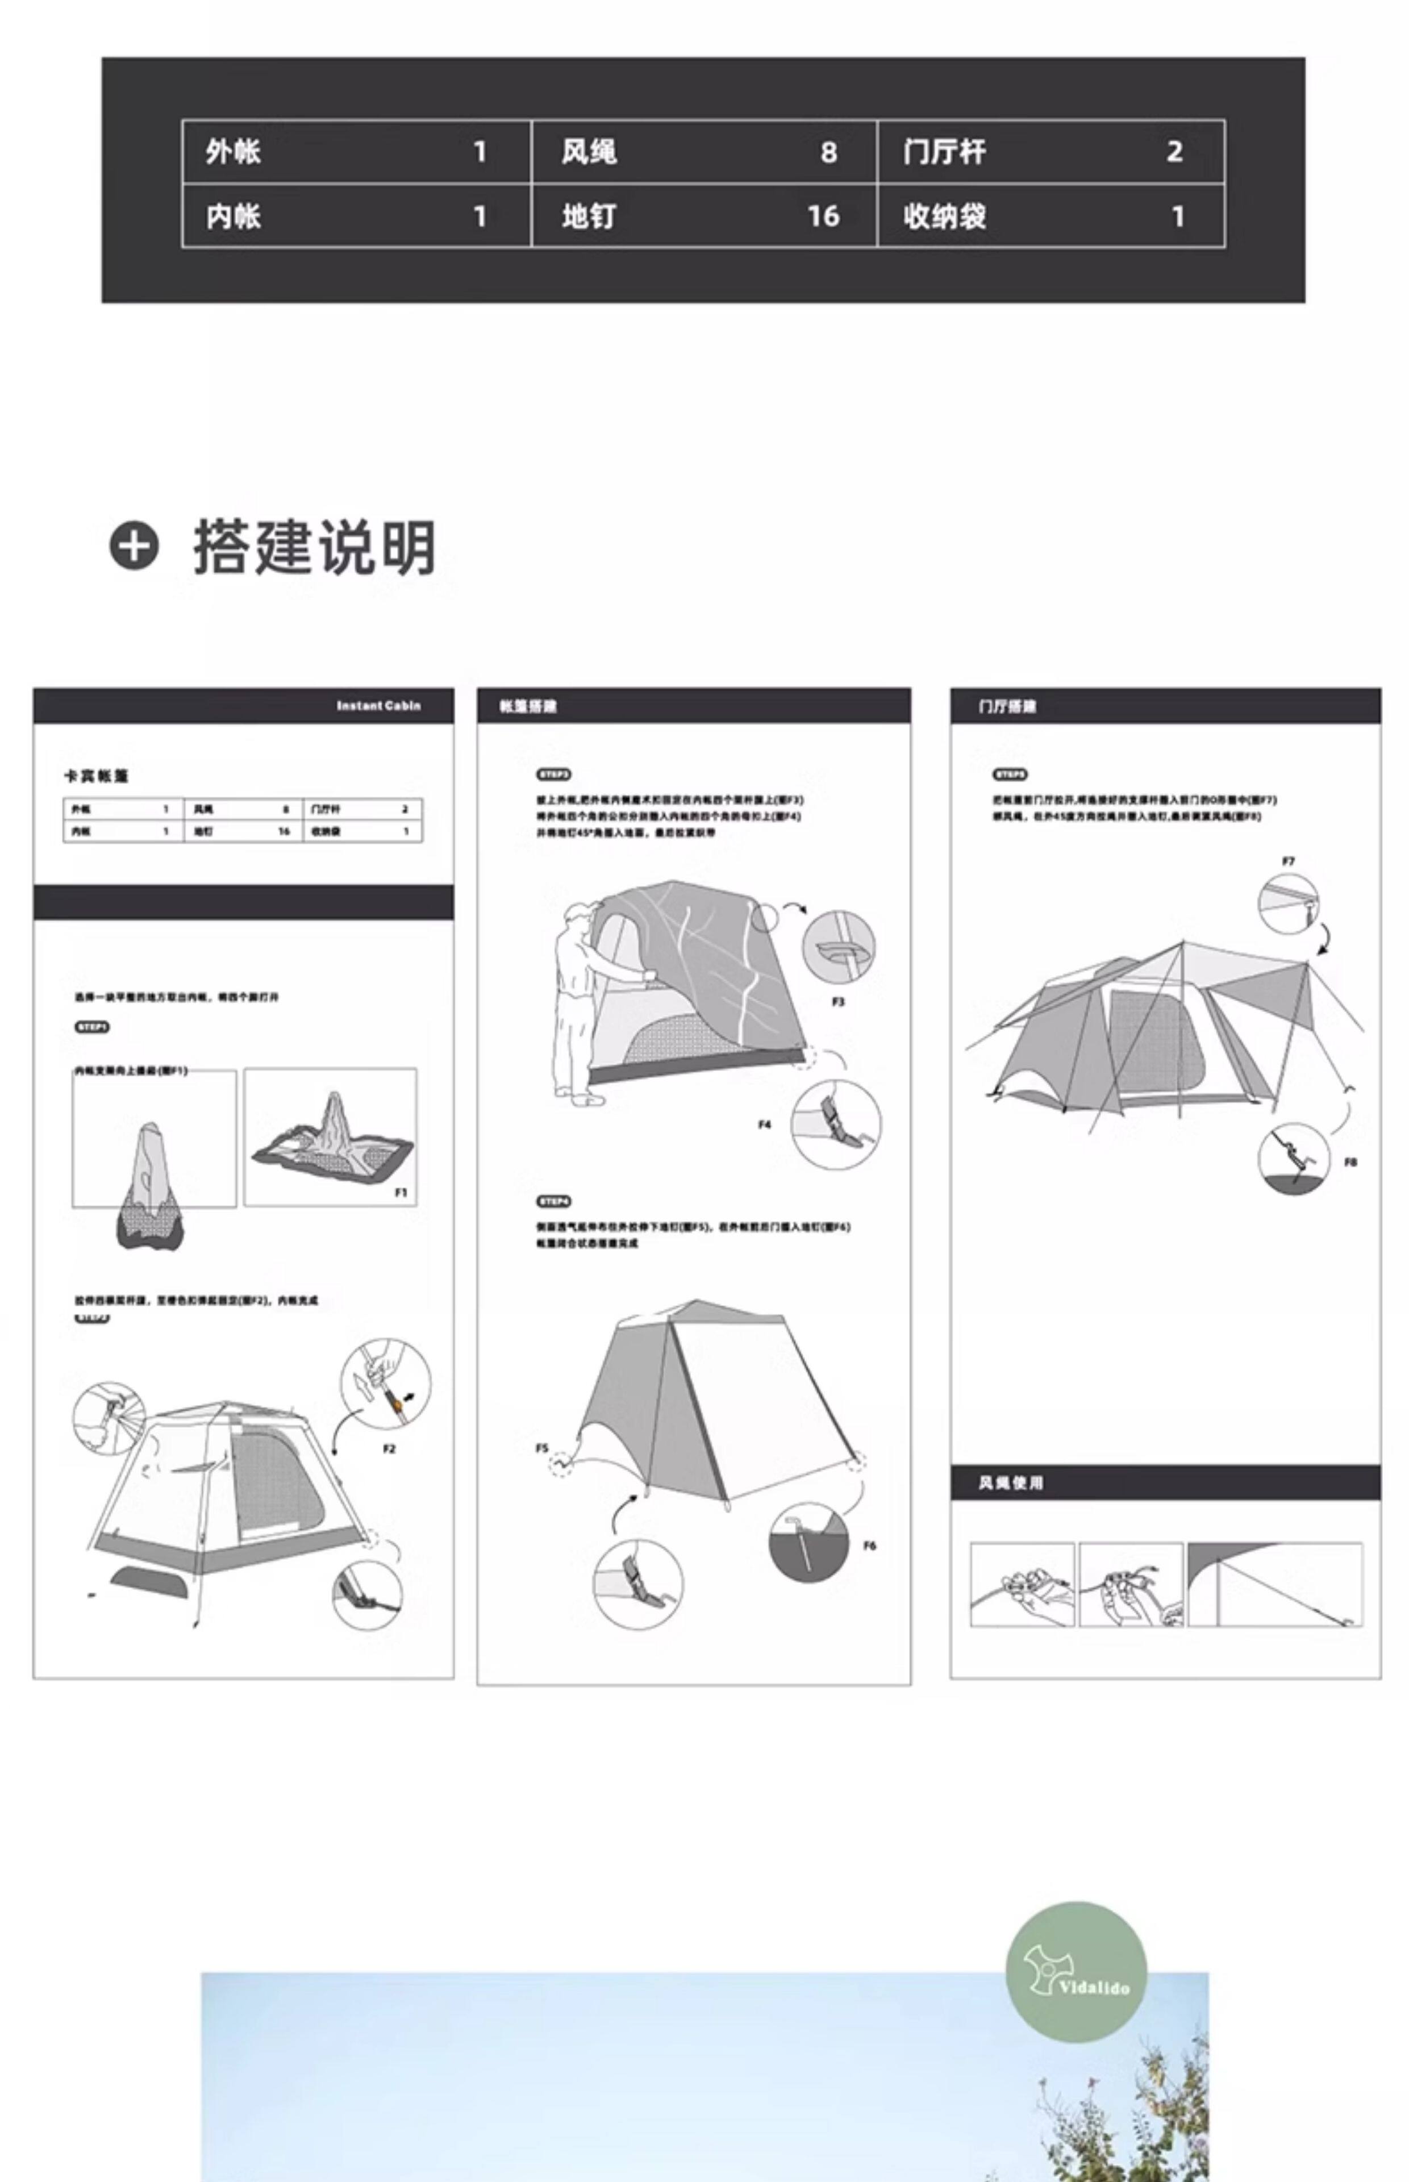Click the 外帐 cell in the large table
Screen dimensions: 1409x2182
[x=234, y=152]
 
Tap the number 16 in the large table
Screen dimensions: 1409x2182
[x=823, y=217]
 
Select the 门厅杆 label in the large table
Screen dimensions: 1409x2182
[x=944, y=152]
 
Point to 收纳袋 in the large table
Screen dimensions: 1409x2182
[x=944, y=217]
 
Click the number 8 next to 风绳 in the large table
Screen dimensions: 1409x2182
[x=828, y=152]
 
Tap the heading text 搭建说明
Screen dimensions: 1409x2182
[x=314, y=547]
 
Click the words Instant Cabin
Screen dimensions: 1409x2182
[x=378, y=705]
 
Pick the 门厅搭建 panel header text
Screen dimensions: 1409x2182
[x=1006, y=706]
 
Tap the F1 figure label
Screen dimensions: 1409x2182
[x=401, y=1192]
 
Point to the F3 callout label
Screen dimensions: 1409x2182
[x=838, y=1002]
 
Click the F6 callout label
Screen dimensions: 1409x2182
[x=869, y=1545]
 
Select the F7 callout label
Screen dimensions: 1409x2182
[x=1288, y=861]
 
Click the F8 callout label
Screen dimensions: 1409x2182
[x=1350, y=1162]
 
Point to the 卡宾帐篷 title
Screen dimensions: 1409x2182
[x=96, y=776]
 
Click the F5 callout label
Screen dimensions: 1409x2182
[x=541, y=1448]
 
